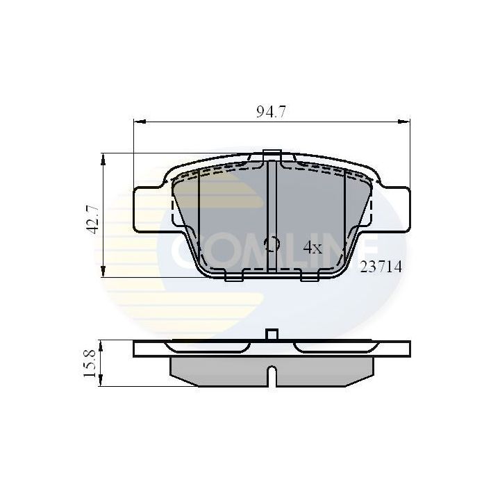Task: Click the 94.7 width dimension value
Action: pyautogui.click(x=270, y=112)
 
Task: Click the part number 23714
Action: pyautogui.click(x=381, y=266)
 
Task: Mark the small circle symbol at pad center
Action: pyautogui.click(x=272, y=243)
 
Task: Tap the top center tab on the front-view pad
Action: pyautogui.click(x=272, y=155)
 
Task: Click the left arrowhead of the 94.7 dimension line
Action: pyautogui.click(x=137, y=121)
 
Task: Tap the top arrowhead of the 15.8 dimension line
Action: pyautogui.click(x=103, y=345)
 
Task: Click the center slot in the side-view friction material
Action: pyautogui.click(x=272, y=376)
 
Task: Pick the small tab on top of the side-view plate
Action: pyautogui.click(x=272, y=335)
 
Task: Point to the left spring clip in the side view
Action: pyautogui.click(x=208, y=346)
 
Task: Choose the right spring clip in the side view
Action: pyautogui.click(x=333, y=346)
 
